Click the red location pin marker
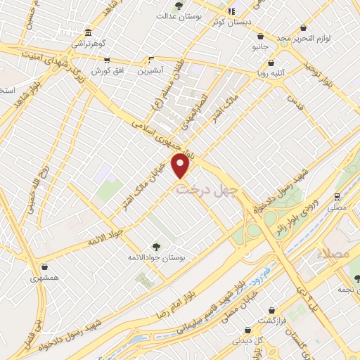pos(182,165)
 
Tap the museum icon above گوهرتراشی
pos(86,32)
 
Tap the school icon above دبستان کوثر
pos(231,11)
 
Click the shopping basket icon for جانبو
pos(260,36)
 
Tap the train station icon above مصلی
pos(337,197)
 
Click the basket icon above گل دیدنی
pos(246,330)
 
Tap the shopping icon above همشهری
pos(45,266)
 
